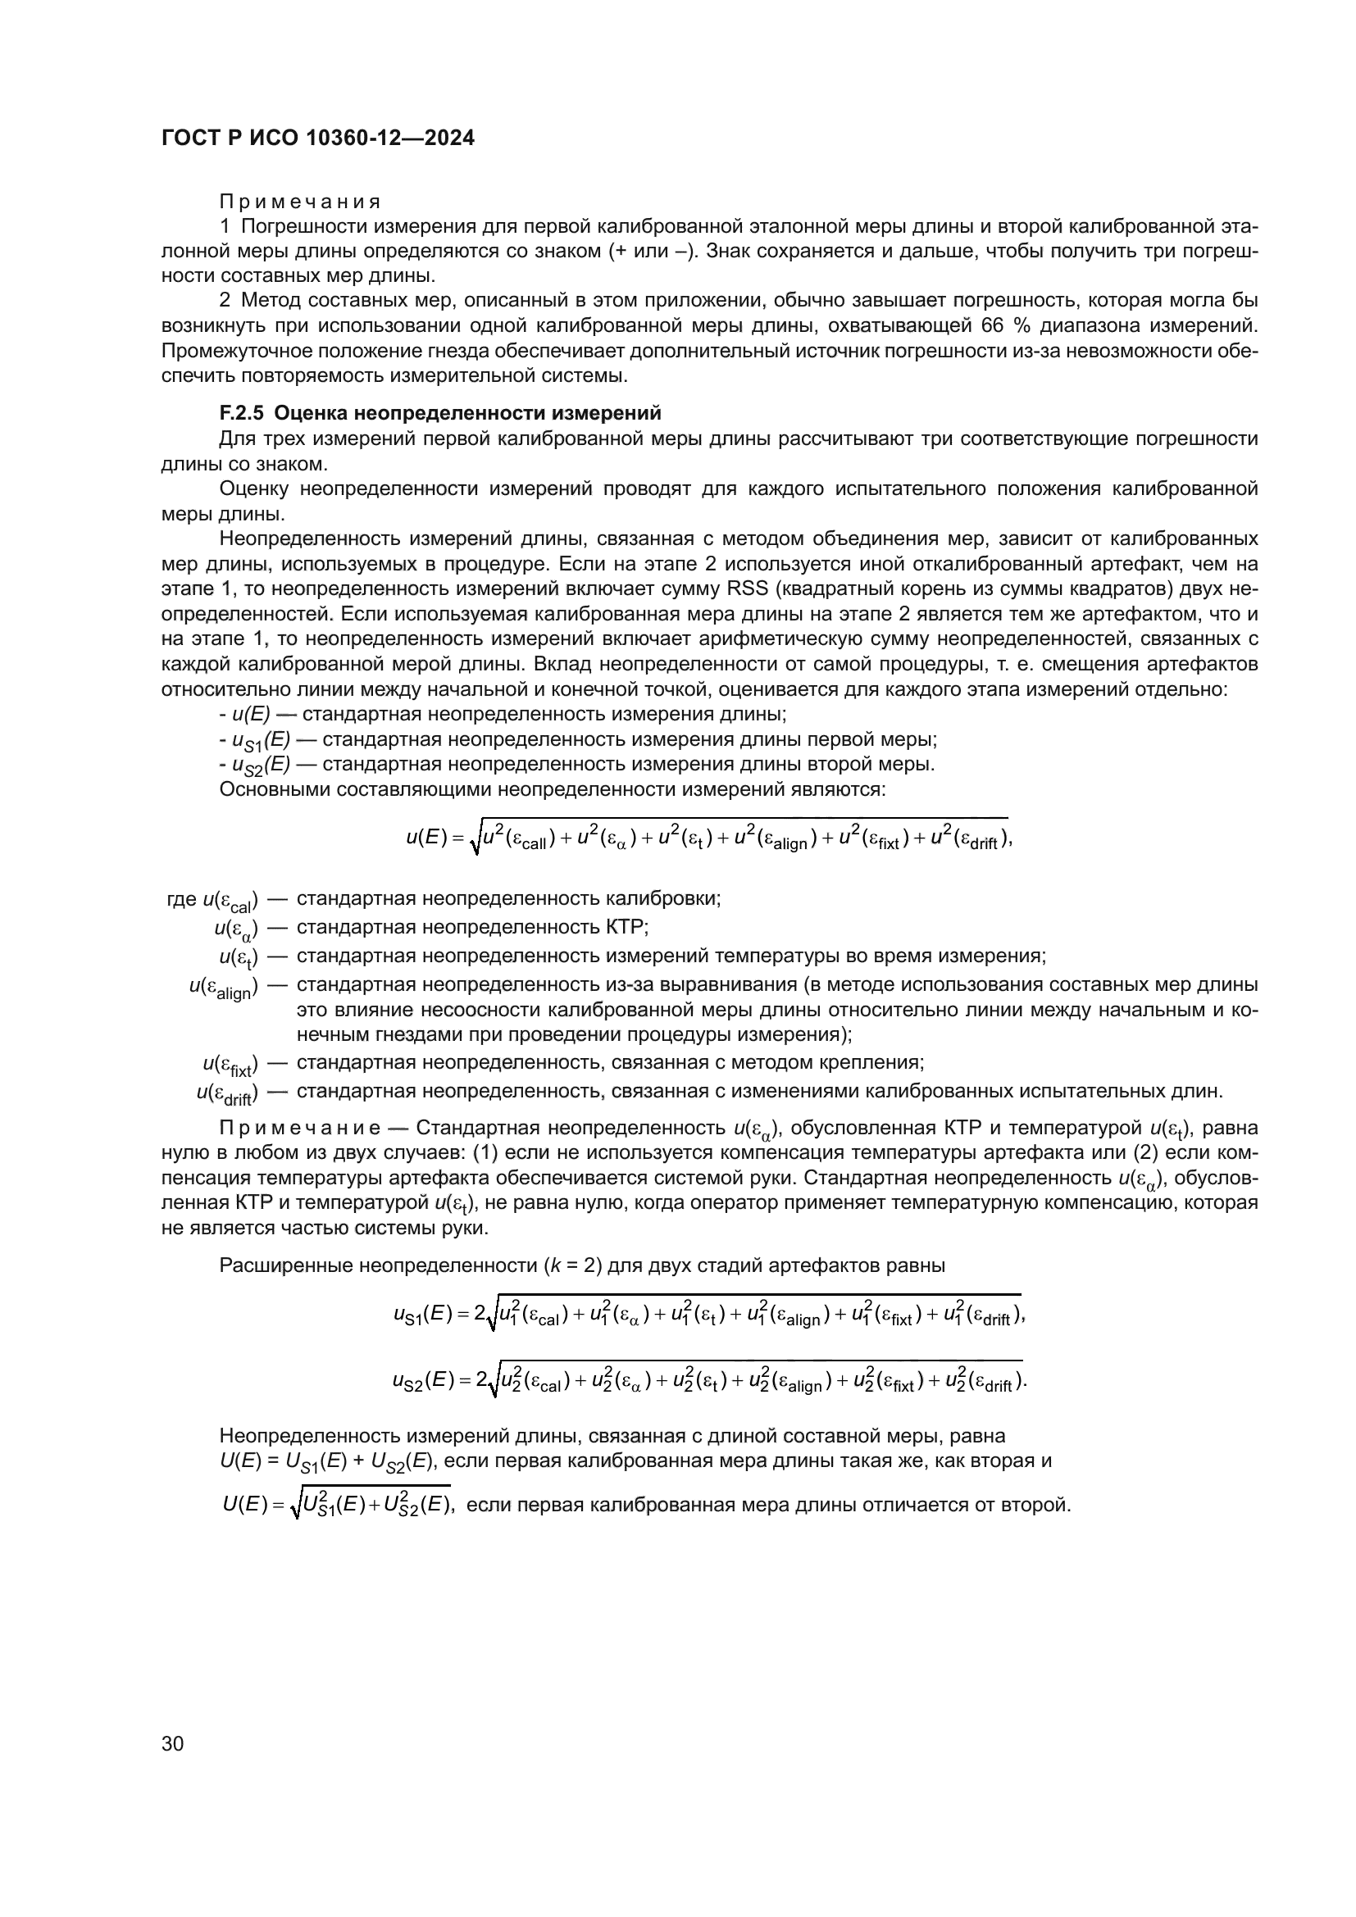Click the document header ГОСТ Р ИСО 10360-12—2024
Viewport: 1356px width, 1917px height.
pyautogui.click(x=317, y=139)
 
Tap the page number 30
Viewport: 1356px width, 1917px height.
pyautogui.click(x=172, y=1742)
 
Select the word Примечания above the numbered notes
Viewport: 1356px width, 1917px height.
pyautogui.click(x=300, y=202)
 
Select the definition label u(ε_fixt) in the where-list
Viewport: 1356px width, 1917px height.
pyautogui.click(x=230, y=1065)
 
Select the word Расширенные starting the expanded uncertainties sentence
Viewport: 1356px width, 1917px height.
pyautogui.click(x=285, y=1265)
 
